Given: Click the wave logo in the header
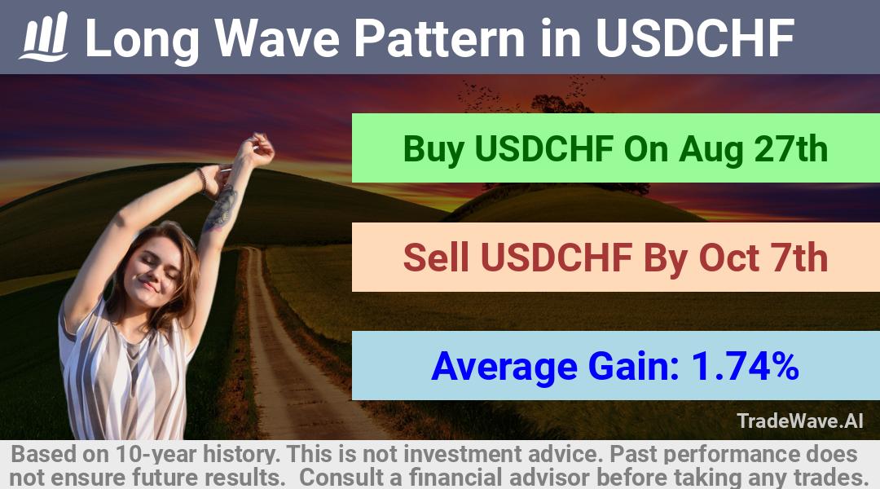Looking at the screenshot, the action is (44, 37).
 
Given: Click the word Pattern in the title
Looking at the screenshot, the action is (439, 38).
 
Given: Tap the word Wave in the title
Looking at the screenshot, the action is (276, 38).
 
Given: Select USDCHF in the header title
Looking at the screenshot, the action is (695, 38).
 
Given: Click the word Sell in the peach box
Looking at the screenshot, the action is (436, 258).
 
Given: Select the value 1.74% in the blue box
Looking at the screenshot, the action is (746, 366).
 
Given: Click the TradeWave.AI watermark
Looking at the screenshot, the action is (800, 421).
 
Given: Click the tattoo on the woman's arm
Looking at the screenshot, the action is (222, 208).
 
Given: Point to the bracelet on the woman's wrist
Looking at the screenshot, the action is (202, 179).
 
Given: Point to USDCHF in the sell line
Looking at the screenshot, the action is (557, 258).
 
